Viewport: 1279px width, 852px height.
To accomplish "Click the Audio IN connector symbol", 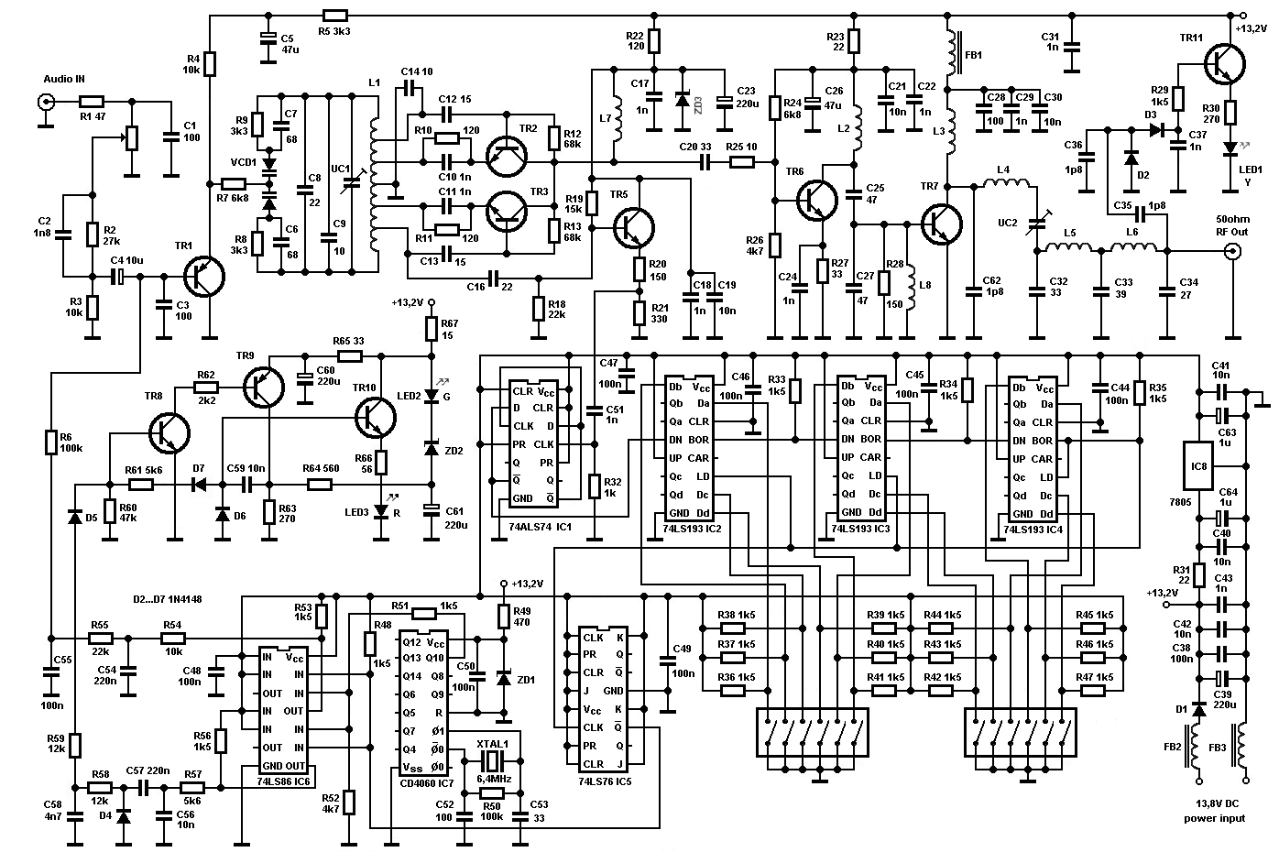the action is (46, 103).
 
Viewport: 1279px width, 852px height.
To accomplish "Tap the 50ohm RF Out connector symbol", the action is (1233, 251).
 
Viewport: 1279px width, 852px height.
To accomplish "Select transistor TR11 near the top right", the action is (1225, 64).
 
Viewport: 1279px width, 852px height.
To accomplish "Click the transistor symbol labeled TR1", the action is (204, 277).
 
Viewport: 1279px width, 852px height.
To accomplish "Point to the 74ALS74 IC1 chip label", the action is (540, 527).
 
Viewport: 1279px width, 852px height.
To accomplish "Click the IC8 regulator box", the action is (1198, 466).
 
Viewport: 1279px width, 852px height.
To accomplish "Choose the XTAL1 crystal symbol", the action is (492, 760).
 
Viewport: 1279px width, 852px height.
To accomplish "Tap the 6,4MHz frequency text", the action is (493, 779).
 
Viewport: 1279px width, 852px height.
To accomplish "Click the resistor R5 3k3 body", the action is (335, 16).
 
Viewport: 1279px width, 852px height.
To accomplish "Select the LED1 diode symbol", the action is (1230, 148).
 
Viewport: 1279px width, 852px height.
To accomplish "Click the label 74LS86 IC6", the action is (283, 781).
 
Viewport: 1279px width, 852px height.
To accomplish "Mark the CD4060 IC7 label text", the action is (427, 783).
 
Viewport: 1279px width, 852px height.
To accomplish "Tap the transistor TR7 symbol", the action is (942, 224).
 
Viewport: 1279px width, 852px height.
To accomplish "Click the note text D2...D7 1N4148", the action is (167, 599).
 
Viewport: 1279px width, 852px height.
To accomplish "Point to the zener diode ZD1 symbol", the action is (504, 679).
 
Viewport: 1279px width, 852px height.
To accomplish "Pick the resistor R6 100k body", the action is (50, 442).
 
